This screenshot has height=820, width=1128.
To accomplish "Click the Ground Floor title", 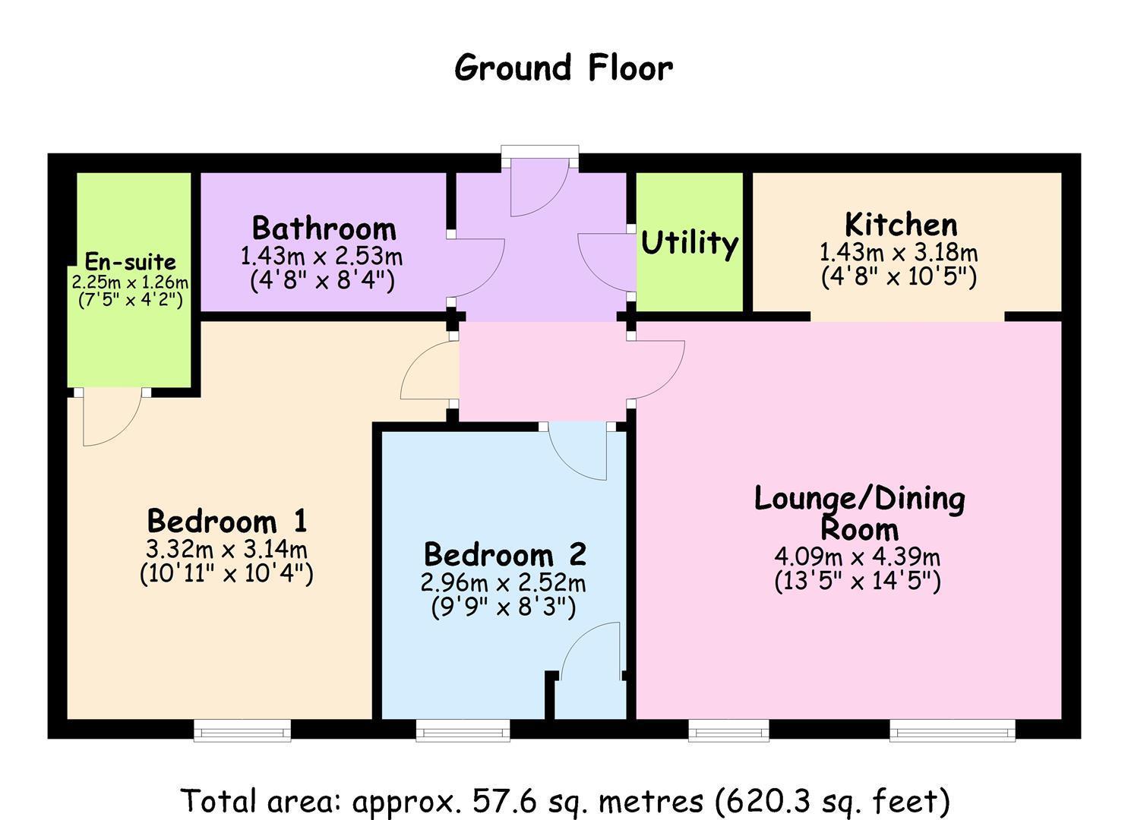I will pyautogui.click(x=563, y=68).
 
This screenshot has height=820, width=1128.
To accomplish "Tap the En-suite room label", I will pyautogui.click(x=130, y=262).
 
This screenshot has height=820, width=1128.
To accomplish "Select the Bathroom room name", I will pyautogui.click(x=324, y=229).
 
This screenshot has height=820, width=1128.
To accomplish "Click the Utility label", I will pyautogui.click(x=689, y=244).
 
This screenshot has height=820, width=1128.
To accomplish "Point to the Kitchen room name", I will pyautogui.click(x=901, y=225).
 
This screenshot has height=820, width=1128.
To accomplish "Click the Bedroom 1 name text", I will pyautogui.click(x=226, y=522).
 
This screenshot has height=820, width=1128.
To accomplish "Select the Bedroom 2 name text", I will pyautogui.click(x=504, y=554).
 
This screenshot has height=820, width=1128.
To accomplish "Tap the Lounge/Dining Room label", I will pyautogui.click(x=859, y=513).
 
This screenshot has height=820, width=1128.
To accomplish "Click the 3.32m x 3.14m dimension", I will pyautogui.click(x=226, y=548).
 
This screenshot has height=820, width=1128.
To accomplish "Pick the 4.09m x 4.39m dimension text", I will pyautogui.click(x=857, y=557).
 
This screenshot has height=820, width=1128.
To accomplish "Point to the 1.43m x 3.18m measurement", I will pyautogui.click(x=899, y=252).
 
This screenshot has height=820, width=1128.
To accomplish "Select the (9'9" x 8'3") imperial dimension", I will pyautogui.click(x=503, y=607).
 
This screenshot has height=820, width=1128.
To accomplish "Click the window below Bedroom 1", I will pyautogui.click(x=242, y=730).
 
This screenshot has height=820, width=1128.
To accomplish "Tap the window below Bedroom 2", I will pyautogui.click(x=463, y=730).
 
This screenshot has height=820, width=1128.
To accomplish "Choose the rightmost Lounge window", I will pyautogui.click(x=953, y=730).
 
